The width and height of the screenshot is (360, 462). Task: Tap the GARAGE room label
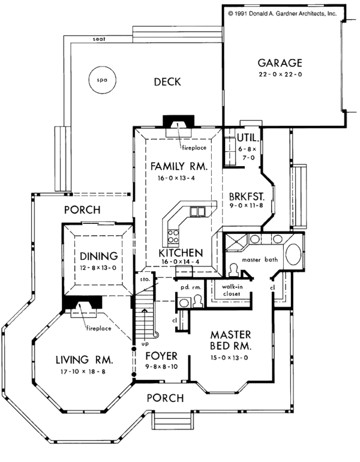pyautogui.click(x=280, y=62)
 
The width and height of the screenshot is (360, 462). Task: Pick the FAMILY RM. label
pyautogui.click(x=179, y=166)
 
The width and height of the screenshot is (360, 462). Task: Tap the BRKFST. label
pyautogui.click(x=247, y=196)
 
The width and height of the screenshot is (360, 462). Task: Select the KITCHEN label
pyautogui.click(x=180, y=253)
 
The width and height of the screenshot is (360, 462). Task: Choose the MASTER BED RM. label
pyautogui.click(x=231, y=340)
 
